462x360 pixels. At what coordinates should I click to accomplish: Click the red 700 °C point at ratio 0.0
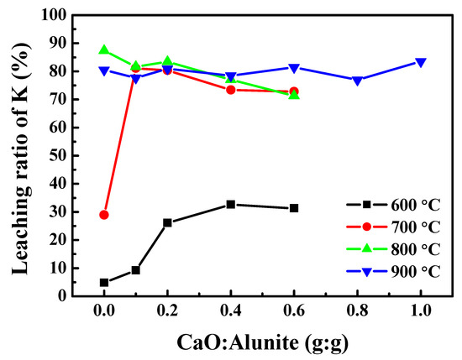coord(104,215)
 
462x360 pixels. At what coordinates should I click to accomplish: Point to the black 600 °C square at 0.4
coord(231,204)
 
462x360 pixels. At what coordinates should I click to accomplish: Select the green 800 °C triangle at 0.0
coord(104,50)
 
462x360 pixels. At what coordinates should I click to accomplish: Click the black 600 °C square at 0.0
coord(104,283)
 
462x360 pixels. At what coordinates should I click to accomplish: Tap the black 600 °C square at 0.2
coord(168,222)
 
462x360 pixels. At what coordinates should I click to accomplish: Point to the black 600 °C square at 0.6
coord(294,208)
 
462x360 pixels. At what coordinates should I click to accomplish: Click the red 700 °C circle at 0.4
coord(231,90)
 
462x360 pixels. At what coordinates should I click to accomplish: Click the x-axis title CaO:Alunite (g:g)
coord(262,343)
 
